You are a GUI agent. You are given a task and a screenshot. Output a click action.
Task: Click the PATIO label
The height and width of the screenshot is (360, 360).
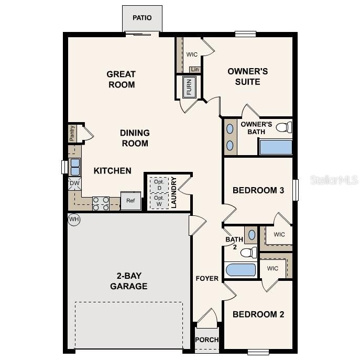click(142, 18)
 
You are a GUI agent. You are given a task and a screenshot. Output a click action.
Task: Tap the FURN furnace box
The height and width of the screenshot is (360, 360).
click(189, 87)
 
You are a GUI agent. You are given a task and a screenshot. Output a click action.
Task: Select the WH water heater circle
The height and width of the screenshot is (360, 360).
click(74, 219)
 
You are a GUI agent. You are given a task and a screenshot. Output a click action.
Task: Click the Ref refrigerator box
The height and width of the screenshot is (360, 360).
click(130, 200)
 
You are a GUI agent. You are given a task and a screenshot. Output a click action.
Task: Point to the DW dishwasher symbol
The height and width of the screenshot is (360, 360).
click(74, 183)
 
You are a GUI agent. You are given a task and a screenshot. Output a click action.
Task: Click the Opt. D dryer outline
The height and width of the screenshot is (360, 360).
click(158, 185)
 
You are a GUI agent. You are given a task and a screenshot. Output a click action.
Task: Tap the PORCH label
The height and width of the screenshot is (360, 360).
click(206, 340)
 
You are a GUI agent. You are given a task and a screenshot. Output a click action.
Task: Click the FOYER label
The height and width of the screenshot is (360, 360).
click(207, 278)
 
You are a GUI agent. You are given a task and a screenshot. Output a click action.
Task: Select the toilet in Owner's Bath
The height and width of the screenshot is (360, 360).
click(283, 127)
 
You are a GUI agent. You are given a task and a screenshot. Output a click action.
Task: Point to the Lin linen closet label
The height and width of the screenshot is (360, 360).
click(194, 69)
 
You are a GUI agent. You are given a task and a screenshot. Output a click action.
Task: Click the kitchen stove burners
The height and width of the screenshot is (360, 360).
click(100, 203)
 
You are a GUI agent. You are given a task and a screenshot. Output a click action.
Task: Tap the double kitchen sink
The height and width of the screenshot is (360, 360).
click(74, 167)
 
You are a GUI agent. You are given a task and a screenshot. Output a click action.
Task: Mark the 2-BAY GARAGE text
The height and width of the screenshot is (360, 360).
click(128, 281)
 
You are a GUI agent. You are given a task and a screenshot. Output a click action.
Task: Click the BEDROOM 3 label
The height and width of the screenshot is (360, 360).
click(258, 190)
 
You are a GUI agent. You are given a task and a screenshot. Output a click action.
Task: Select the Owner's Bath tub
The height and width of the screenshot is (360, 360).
click(276, 147)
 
